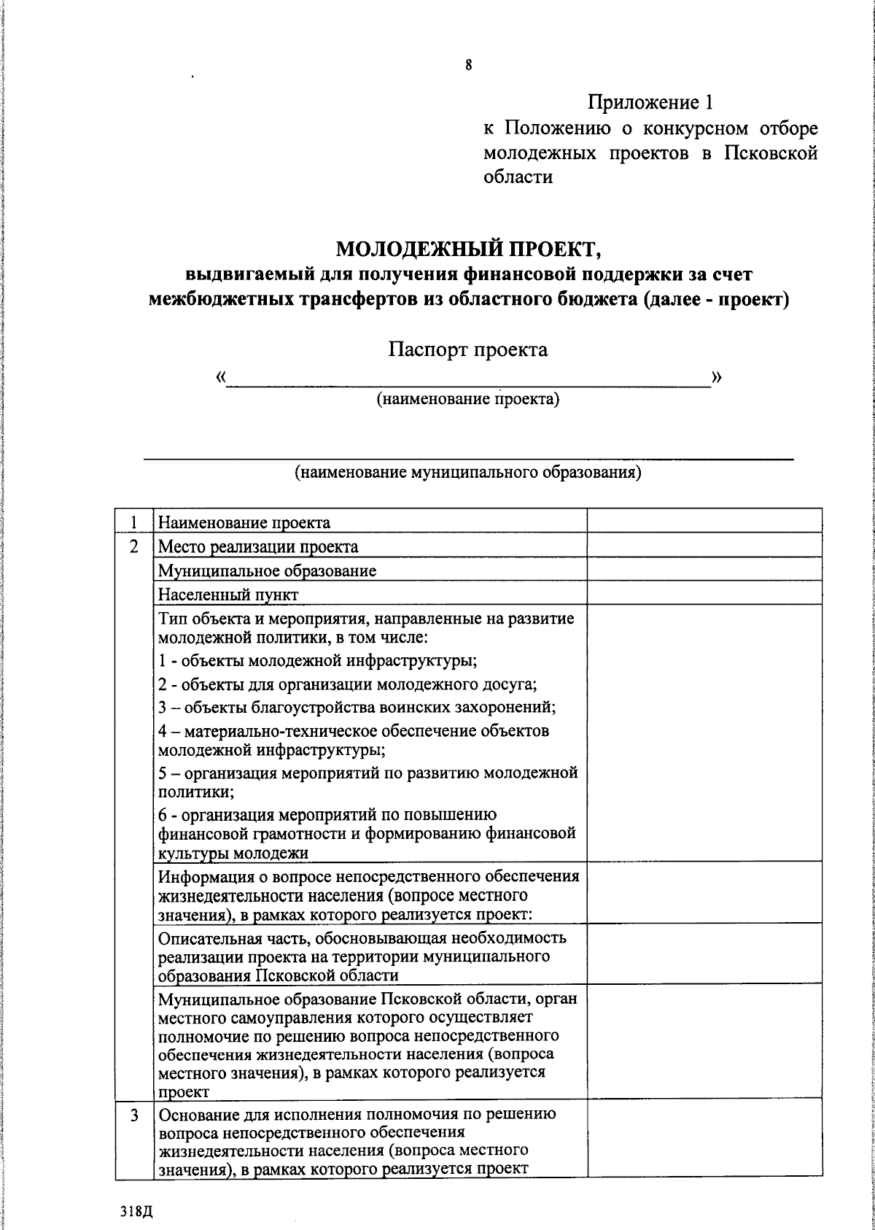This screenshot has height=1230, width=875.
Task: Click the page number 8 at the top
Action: tap(468, 66)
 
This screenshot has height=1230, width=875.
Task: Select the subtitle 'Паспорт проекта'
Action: tap(467, 349)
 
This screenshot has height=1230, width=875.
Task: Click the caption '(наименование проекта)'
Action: tap(467, 399)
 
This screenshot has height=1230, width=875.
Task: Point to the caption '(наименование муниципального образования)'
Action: tap(467, 472)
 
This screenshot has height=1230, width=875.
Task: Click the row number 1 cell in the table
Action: tap(134, 522)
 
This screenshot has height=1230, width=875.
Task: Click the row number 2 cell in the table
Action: tap(134, 546)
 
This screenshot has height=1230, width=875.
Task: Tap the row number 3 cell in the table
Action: tap(134, 1115)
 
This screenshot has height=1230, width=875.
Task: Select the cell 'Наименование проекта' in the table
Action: tap(244, 522)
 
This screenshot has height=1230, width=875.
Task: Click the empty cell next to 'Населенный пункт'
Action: tap(704, 595)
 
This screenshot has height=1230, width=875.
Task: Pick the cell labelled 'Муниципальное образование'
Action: tap(267, 570)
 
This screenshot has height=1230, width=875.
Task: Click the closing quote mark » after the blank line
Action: tap(717, 376)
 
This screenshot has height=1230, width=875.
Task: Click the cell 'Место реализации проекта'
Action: tap(258, 546)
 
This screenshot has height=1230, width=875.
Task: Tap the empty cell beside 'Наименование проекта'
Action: tap(704, 521)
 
